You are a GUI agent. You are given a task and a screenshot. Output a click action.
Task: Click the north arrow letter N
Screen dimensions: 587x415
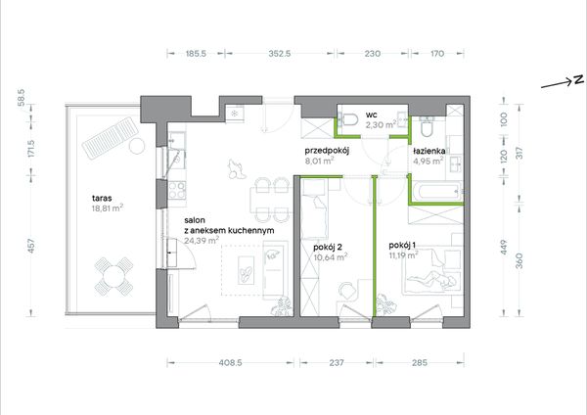(x=579, y=80)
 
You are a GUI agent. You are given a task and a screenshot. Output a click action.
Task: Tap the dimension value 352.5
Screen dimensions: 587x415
(x=279, y=54)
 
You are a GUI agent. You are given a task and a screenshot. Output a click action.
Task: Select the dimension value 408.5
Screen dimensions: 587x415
(x=230, y=362)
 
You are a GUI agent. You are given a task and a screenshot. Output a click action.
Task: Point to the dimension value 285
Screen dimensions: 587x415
(x=419, y=362)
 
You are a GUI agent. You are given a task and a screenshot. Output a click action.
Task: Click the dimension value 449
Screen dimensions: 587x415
(x=504, y=248)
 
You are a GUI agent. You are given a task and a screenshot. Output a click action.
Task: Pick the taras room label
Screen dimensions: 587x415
(x=102, y=199)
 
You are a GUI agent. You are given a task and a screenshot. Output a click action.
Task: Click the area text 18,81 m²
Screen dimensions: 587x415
(x=108, y=208)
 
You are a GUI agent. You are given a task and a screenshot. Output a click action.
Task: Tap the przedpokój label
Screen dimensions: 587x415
(x=327, y=152)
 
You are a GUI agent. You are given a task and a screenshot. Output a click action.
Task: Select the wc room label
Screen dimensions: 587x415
(x=372, y=115)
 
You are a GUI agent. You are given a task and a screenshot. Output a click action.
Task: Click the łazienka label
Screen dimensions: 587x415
(x=429, y=151)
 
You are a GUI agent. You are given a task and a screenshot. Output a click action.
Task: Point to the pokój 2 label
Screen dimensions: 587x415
(x=328, y=248)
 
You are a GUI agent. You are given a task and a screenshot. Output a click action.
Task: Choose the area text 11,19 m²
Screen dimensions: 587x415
(x=403, y=255)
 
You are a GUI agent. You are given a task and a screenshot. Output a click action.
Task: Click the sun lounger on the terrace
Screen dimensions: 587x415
(x=111, y=137)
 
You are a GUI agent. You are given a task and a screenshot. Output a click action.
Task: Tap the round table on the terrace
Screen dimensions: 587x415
(x=113, y=277)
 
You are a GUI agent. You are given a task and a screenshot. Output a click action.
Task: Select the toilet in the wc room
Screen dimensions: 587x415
(x=351, y=119)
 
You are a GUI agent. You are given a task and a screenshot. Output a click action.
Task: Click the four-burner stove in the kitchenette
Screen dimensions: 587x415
(x=177, y=190)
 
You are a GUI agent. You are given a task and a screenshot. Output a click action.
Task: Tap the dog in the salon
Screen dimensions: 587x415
(x=236, y=169)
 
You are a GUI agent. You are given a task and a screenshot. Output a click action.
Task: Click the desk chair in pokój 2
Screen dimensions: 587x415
(x=348, y=291)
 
